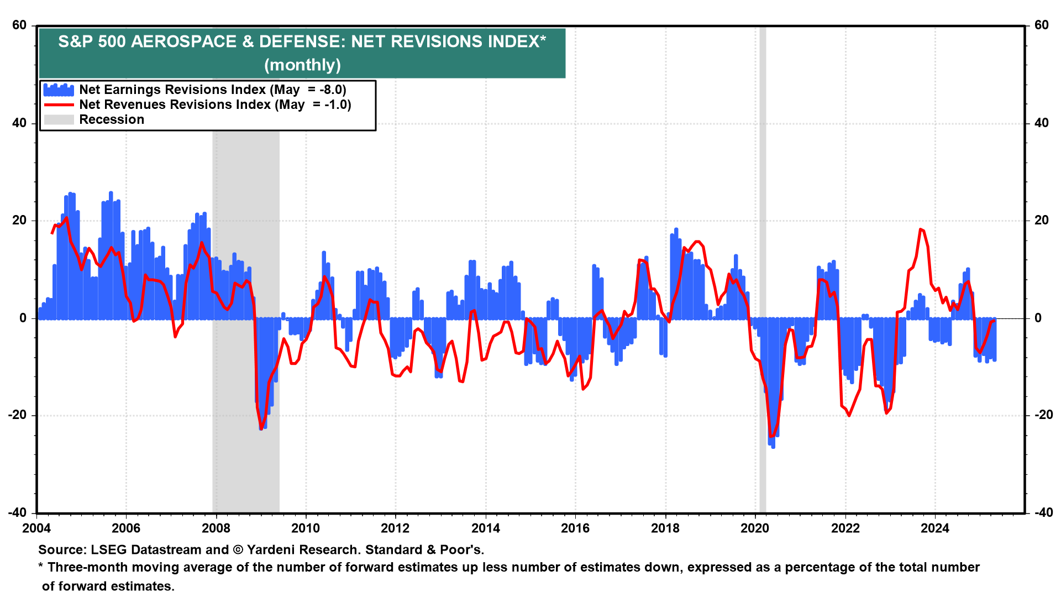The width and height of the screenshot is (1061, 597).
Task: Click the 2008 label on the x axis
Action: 216,528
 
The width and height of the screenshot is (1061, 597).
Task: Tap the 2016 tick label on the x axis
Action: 575,528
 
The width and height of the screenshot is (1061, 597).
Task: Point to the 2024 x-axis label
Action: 934,528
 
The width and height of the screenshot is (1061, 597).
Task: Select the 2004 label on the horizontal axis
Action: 36,528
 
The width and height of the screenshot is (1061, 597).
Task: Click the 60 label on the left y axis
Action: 19,25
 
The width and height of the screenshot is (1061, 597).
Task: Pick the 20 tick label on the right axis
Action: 1041,221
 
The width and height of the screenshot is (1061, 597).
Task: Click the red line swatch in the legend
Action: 59,105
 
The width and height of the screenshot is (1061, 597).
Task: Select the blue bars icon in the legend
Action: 59,90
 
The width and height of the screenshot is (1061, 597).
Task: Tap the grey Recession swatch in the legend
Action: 59,120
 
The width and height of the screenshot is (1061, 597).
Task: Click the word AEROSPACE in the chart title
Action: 183,42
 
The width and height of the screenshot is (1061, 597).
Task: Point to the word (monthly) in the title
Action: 302,65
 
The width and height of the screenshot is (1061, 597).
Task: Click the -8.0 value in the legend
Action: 332,90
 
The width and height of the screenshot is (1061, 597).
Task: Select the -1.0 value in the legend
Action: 337,105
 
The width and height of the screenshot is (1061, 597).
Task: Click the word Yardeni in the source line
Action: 272,550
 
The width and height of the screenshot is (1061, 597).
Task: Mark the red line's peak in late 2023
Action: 921,229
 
